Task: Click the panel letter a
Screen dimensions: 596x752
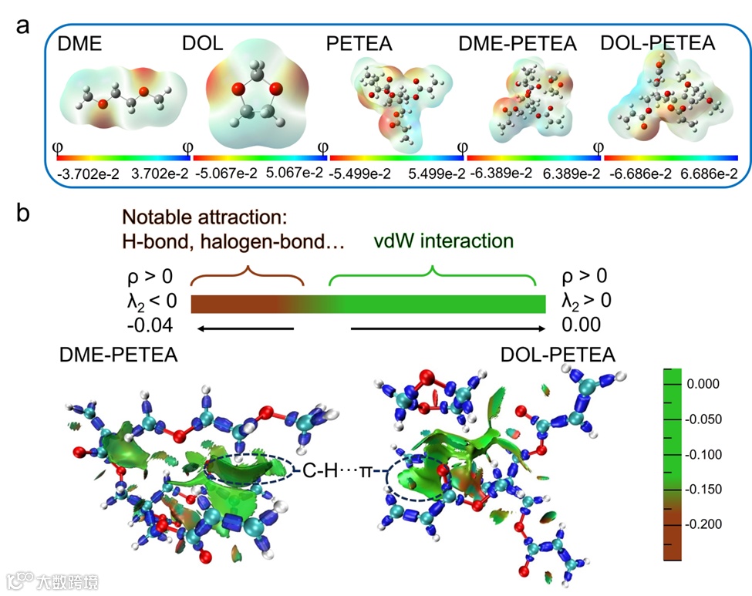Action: [x=24, y=25]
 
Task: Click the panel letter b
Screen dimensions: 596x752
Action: [x=24, y=213]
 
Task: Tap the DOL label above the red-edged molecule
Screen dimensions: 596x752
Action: [x=203, y=44]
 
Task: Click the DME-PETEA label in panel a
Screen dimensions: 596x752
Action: [x=517, y=44]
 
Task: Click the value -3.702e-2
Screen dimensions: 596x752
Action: [x=83, y=174]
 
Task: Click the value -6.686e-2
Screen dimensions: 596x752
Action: [x=636, y=174]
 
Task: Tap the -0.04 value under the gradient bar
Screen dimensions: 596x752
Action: [x=148, y=324]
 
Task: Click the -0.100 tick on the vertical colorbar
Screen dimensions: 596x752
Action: [x=703, y=454]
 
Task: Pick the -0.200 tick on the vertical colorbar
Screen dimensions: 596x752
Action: [x=703, y=524]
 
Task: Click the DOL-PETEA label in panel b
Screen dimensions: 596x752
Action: [x=558, y=355]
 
